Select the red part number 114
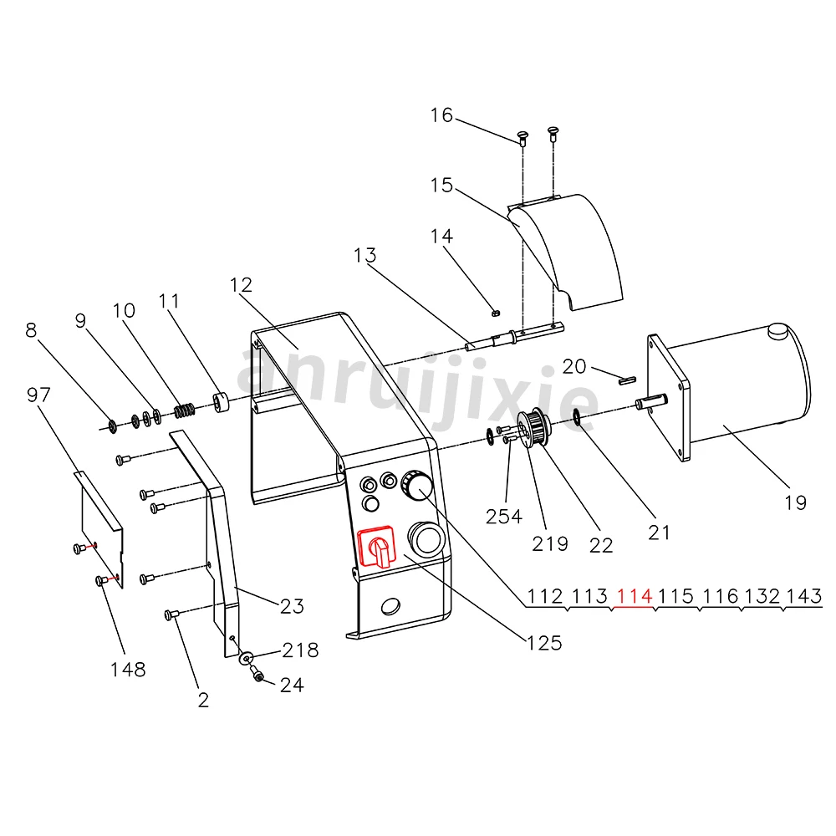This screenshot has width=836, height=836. point(633,597)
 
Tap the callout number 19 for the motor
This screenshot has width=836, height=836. point(796,502)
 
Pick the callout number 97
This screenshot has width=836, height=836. point(39,395)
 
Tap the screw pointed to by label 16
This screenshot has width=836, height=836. point(522,135)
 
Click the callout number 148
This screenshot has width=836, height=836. point(127,669)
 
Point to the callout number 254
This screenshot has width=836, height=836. point(504,516)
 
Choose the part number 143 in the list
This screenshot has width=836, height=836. point(805,597)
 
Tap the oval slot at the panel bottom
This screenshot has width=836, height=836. point(390,604)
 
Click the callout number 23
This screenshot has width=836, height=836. point(291,606)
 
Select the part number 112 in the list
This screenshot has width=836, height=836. point(545,597)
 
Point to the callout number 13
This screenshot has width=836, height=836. point(364,255)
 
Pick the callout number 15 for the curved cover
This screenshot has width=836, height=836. point(442,185)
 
